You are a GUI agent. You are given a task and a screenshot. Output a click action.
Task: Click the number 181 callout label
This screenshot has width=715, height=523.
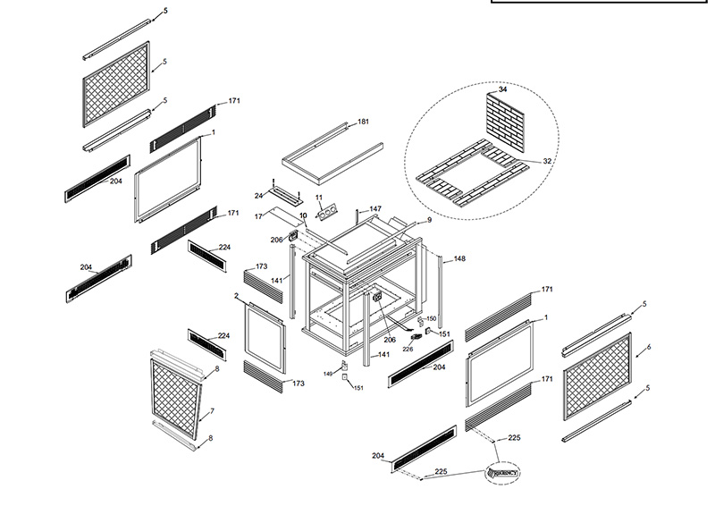pyautogui.click(x=364, y=122)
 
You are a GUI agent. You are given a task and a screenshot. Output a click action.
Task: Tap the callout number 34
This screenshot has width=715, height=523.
pyautogui.click(x=502, y=90)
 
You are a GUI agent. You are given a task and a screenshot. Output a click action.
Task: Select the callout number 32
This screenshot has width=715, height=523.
pyautogui.click(x=548, y=162)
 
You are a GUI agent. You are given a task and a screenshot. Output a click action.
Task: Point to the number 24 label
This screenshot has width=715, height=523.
pyautogui.click(x=258, y=195)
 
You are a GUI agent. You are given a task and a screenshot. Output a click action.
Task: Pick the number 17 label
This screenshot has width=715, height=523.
pyautogui.click(x=258, y=217)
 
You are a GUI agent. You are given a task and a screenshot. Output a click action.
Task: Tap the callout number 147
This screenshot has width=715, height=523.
pyautogui.click(x=376, y=208)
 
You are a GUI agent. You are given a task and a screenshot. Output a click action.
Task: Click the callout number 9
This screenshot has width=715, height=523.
pyautogui.click(x=428, y=219)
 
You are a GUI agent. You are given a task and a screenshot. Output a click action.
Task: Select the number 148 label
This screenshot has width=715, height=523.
pyautogui.click(x=459, y=259)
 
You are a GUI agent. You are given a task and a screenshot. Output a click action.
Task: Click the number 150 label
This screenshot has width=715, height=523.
pyautogui.click(x=431, y=318)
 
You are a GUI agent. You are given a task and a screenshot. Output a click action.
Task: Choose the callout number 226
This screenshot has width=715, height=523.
pyautogui.click(x=408, y=349)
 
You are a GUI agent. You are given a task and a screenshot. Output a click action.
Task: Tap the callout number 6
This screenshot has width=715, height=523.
pyautogui.click(x=648, y=346)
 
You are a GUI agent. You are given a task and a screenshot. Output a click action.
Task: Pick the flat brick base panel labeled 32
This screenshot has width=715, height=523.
pyautogui.click(x=469, y=178)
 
